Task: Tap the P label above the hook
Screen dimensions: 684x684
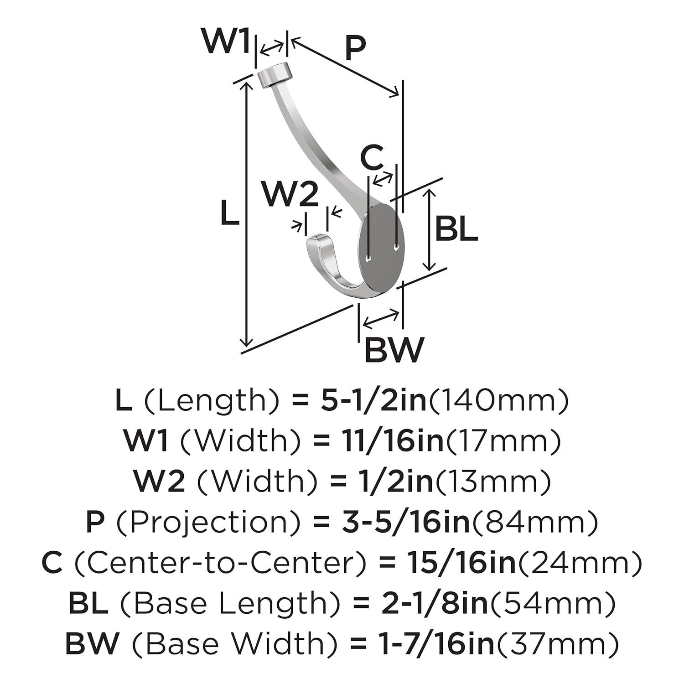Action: pyautogui.click(x=355, y=49)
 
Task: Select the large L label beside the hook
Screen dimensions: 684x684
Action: pyautogui.click(x=229, y=212)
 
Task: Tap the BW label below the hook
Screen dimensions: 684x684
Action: pyautogui.click(x=394, y=350)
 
